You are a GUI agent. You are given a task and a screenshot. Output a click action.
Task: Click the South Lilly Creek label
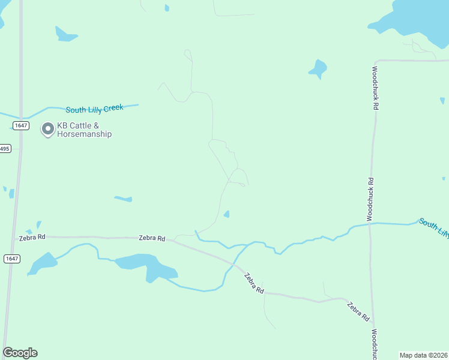(x=94, y=109)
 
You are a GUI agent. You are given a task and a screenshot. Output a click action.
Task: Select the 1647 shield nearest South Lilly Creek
(x=20, y=125)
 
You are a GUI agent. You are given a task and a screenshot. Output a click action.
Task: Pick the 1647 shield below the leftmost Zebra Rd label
(x=11, y=259)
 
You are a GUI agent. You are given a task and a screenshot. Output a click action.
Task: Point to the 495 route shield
(x=5, y=148)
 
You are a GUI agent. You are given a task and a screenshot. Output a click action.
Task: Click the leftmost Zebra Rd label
(x=32, y=237)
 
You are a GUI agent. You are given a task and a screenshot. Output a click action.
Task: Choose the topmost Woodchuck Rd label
(x=375, y=88)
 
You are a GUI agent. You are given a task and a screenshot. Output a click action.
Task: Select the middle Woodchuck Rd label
(x=371, y=198)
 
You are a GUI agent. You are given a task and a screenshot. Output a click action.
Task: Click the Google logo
(x=20, y=353)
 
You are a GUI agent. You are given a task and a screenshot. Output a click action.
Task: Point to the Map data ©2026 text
(x=424, y=355)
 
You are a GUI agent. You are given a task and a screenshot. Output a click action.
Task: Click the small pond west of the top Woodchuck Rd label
(x=318, y=68)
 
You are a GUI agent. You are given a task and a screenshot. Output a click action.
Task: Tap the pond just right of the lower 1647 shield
(x=42, y=263)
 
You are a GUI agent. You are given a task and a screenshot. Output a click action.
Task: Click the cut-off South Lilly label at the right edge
(x=434, y=226)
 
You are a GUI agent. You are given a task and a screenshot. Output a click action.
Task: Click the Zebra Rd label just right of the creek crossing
(x=255, y=283)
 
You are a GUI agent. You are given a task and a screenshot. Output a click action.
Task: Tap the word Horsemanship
(x=85, y=134)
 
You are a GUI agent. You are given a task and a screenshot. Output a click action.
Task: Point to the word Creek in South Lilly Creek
(x=113, y=108)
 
